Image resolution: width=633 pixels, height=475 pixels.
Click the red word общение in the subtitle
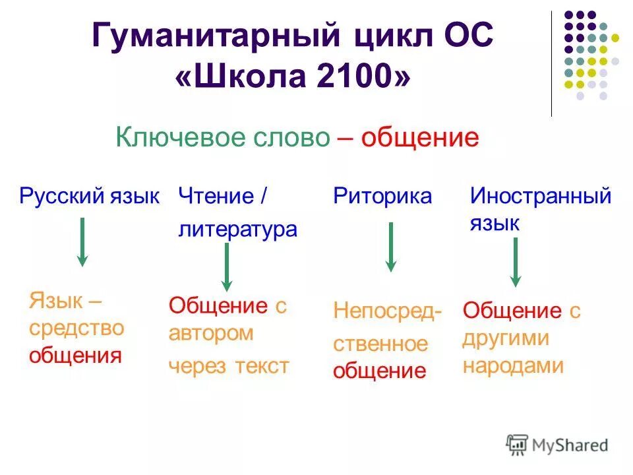pyautogui.click(x=419, y=138)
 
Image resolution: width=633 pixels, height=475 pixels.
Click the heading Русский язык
pyautogui.click(x=89, y=196)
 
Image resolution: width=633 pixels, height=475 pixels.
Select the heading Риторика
pyautogui.click(x=382, y=196)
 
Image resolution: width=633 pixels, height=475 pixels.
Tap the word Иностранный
pyautogui.click(x=541, y=196)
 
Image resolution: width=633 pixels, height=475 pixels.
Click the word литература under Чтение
pyautogui.click(x=237, y=229)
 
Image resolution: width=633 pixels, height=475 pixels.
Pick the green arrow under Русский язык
pyautogui.click(x=82, y=242)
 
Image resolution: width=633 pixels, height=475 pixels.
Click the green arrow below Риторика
pyautogui.click(x=391, y=247)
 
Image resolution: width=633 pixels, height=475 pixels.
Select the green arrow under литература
pyautogui.click(x=227, y=267)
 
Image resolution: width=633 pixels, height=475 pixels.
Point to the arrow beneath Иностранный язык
pyautogui.click(x=516, y=262)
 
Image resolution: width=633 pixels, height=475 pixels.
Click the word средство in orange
pyautogui.click(x=76, y=328)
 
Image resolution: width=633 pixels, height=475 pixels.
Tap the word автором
pyautogui.click(x=211, y=333)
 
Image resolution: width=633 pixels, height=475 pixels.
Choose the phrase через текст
pyautogui.click(x=229, y=366)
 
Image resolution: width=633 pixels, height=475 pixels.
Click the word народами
pyautogui.click(x=513, y=365)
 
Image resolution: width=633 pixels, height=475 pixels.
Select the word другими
pyautogui.click(x=506, y=338)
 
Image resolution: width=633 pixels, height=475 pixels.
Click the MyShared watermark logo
pyautogui.click(x=557, y=445)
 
